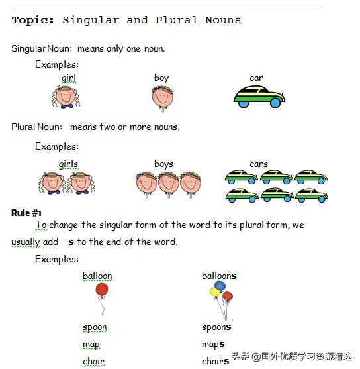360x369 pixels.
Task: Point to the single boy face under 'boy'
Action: click(x=162, y=97)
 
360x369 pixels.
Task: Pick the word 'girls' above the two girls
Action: click(x=68, y=164)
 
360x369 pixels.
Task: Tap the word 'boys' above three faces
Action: click(x=163, y=164)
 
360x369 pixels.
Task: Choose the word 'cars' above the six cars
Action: click(x=259, y=164)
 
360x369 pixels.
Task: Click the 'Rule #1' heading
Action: click(x=26, y=213)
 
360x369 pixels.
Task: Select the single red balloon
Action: click(x=101, y=290)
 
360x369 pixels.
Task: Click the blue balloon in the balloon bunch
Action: click(x=220, y=286)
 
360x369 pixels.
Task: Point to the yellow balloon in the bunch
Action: click(x=215, y=292)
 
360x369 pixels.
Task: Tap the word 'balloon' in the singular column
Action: click(x=97, y=276)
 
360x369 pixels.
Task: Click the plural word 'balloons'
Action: click(x=219, y=276)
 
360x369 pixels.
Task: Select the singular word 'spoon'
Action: click(x=95, y=327)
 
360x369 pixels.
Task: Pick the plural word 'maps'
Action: click(x=213, y=344)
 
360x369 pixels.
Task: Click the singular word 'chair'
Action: click(x=93, y=362)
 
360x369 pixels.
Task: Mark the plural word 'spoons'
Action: click(x=216, y=327)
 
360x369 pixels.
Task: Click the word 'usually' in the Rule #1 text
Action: click(x=26, y=242)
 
